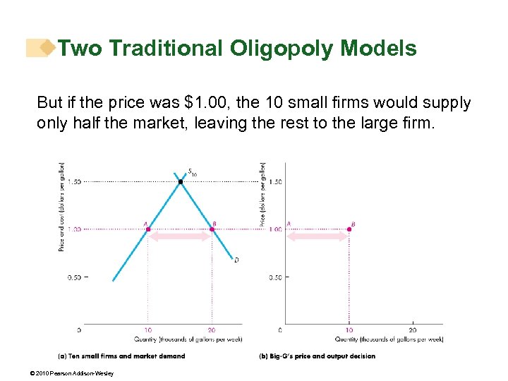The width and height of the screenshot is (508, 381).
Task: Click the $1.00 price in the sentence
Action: [x=196, y=103]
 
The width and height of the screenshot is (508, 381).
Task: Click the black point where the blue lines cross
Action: [x=180, y=182]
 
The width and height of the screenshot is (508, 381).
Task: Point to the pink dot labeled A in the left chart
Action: [x=148, y=229]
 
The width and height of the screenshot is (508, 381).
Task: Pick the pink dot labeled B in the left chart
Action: [x=211, y=229]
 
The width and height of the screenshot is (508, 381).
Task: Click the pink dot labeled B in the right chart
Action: [x=349, y=229]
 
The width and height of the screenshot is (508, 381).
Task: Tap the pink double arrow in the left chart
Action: [x=179, y=238]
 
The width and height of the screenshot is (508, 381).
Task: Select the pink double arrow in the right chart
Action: [x=317, y=238]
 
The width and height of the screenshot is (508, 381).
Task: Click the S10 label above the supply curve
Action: [x=192, y=171]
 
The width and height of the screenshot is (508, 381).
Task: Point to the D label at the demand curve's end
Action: [x=236, y=260]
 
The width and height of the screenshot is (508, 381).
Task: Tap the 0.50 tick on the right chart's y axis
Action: [x=276, y=277]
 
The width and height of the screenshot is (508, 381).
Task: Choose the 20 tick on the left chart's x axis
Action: [x=211, y=329]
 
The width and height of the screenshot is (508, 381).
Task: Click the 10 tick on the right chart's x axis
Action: [x=349, y=329]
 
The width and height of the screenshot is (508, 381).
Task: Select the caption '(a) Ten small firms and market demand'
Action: [x=121, y=356]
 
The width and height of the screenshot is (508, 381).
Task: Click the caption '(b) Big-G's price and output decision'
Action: [x=317, y=356]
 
